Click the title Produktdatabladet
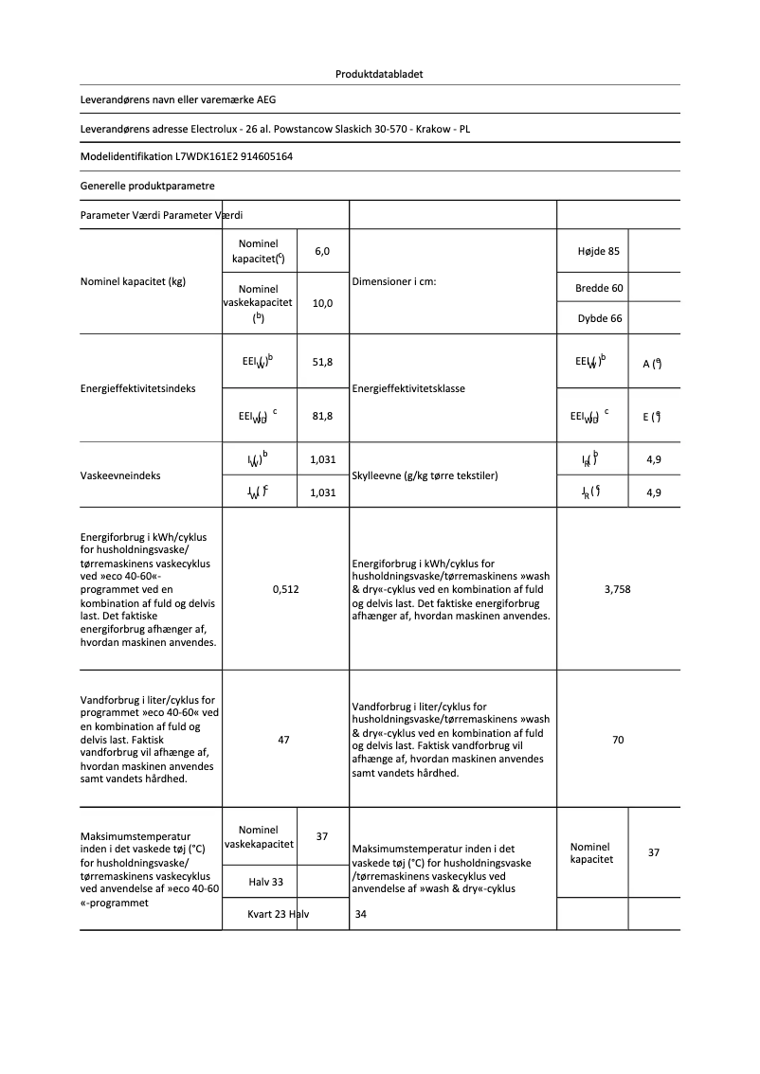[x=379, y=74]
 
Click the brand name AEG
[x=266, y=98]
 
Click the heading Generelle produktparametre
[x=147, y=186]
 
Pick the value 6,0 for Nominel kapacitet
[x=322, y=251]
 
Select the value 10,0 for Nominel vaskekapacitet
[x=322, y=303]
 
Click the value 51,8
[x=322, y=363]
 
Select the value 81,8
[x=322, y=415]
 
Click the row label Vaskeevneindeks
[x=120, y=475]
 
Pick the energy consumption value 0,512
[x=285, y=589]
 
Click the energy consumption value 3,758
[x=617, y=589]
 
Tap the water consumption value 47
[x=284, y=740]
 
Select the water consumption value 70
[x=618, y=740]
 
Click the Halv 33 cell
[x=266, y=883]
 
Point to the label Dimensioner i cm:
[x=393, y=282]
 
